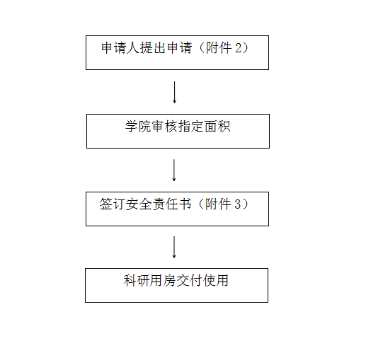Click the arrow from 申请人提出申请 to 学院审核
174,93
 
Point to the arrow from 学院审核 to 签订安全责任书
174,170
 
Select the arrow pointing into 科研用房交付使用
174,248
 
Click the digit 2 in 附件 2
239,48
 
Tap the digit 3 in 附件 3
238,204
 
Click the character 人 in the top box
133,48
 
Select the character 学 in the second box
132,126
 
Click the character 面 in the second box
211,126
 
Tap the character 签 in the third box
105,204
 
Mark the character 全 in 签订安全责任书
145,204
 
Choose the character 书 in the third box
185,204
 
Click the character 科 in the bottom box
130,280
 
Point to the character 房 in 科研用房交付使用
169,280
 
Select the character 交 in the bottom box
183,280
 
